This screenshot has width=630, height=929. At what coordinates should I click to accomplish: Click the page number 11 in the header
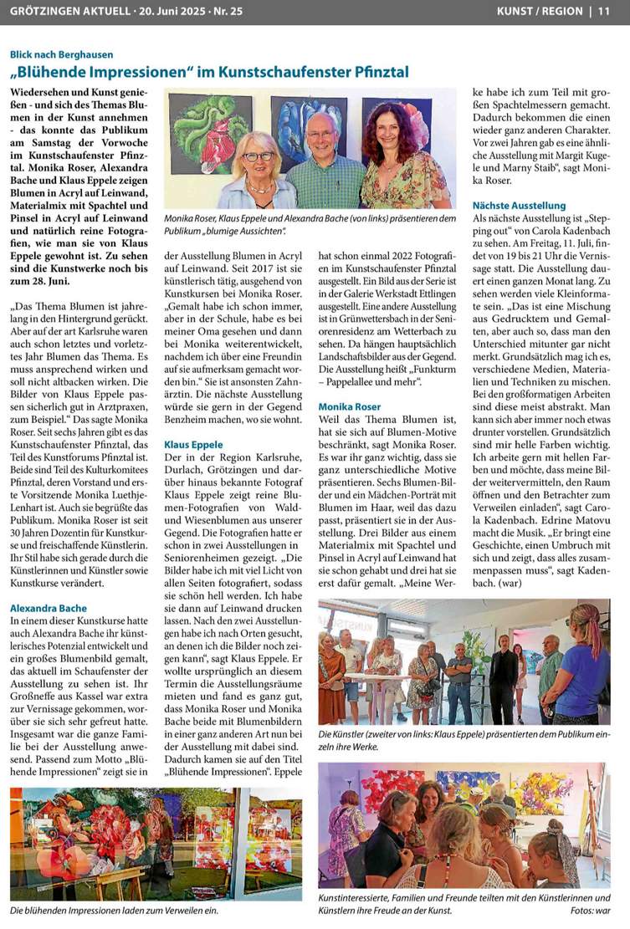click(603, 11)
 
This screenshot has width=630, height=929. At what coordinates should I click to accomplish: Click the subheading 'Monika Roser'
click(350, 406)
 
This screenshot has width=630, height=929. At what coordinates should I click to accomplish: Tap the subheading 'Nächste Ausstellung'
click(519, 206)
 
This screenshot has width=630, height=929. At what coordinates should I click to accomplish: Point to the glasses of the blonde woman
click(259, 156)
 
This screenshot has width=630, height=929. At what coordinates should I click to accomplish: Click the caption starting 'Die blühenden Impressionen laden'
click(114, 911)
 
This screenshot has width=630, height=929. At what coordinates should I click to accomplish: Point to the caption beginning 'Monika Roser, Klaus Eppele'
click(310, 223)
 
